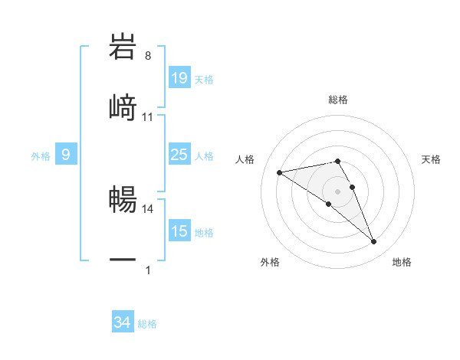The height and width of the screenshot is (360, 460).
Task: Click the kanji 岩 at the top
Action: (x=123, y=46)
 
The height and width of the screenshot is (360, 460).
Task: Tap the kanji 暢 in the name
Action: (x=123, y=198)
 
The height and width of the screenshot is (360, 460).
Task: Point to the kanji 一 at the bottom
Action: (x=123, y=260)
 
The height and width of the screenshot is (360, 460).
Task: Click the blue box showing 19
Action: (x=179, y=78)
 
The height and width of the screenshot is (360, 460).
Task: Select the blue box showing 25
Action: (x=179, y=155)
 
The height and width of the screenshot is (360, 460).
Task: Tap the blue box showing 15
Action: (x=179, y=231)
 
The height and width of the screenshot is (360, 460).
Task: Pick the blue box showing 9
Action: (x=66, y=155)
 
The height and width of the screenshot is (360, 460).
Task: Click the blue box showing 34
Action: (x=122, y=323)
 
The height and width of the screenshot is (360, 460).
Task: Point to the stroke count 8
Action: (x=147, y=55)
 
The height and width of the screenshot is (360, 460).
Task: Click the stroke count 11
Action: (x=148, y=117)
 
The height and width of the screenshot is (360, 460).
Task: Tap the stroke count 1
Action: (x=147, y=270)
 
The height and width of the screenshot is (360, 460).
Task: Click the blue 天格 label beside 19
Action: (x=204, y=80)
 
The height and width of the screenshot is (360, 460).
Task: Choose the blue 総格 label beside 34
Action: (x=147, y=325)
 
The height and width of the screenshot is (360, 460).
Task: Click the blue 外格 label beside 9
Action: (x=41, y=156)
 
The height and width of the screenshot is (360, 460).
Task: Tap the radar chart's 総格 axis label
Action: (x=338, y=100)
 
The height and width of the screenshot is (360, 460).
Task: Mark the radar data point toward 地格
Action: (x=374, y=242)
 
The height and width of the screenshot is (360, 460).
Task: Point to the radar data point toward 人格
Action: (x=280, y=172)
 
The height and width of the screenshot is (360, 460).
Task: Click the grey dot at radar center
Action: (x=338, y=191)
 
